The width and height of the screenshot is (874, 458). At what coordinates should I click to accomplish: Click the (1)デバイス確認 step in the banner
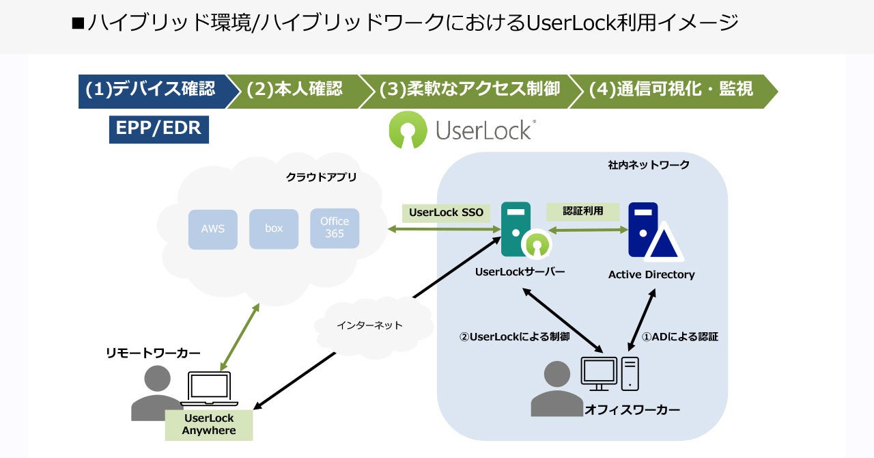pyautogui.click(x=150, y=90)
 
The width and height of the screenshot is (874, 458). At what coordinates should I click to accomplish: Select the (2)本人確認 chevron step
pyautogui.click(x=294, y=90)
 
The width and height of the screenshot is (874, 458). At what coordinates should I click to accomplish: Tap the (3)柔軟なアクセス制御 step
pyautogui.click(x=469, y=90)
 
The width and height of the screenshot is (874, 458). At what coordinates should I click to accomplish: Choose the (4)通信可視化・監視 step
pyautogui.click(x=671, y=90)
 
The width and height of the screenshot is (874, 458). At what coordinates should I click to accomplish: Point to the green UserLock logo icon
pyautogui.click(x=408, y=130)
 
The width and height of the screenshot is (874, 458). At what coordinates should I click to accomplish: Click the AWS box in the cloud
pyautogui.click(x=212, y=229)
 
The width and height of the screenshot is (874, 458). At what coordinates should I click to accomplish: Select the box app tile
pyautogui.click(x=274, y=228)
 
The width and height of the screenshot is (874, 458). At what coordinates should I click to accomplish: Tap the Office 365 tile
pyautogui.click(x=335, y=228)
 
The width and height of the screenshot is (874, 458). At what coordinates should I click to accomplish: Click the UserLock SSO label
pyautogui.click(x=446, y=213)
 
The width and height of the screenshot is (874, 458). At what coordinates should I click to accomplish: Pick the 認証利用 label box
pyautogui.click(x=582, y=211)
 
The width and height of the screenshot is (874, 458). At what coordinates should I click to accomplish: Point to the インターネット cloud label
pyautogui.click(x=370, y=325)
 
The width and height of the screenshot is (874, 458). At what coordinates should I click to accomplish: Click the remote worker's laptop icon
pyautogui.click(x=209, y=389)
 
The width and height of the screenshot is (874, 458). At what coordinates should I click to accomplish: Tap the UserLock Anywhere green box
pyautogui.click(x=209, y=425)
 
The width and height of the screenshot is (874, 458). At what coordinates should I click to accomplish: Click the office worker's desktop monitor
pyautogui.click(x=598, y=372)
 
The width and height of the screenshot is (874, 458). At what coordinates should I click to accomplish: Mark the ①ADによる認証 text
pyautogui.click(x=679, y=336)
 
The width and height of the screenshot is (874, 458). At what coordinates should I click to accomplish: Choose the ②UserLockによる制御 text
pyautogui.click(x=515, y=336)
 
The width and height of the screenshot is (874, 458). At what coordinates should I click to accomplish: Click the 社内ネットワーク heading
pyautogui.click(x=649, y=165)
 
